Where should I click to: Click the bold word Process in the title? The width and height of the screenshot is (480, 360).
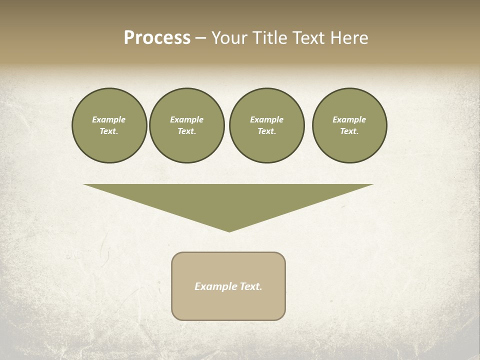click(157, 38)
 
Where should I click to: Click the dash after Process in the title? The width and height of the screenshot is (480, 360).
click(200, 38)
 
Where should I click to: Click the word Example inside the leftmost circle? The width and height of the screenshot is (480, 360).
click(109, 119)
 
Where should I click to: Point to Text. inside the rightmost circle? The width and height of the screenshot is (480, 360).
click(349, 131)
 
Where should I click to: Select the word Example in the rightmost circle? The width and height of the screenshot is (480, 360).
click(349, 119)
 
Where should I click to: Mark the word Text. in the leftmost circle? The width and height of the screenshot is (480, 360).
click(109, 131)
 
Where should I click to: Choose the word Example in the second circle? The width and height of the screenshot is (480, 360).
click(187, 119)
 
